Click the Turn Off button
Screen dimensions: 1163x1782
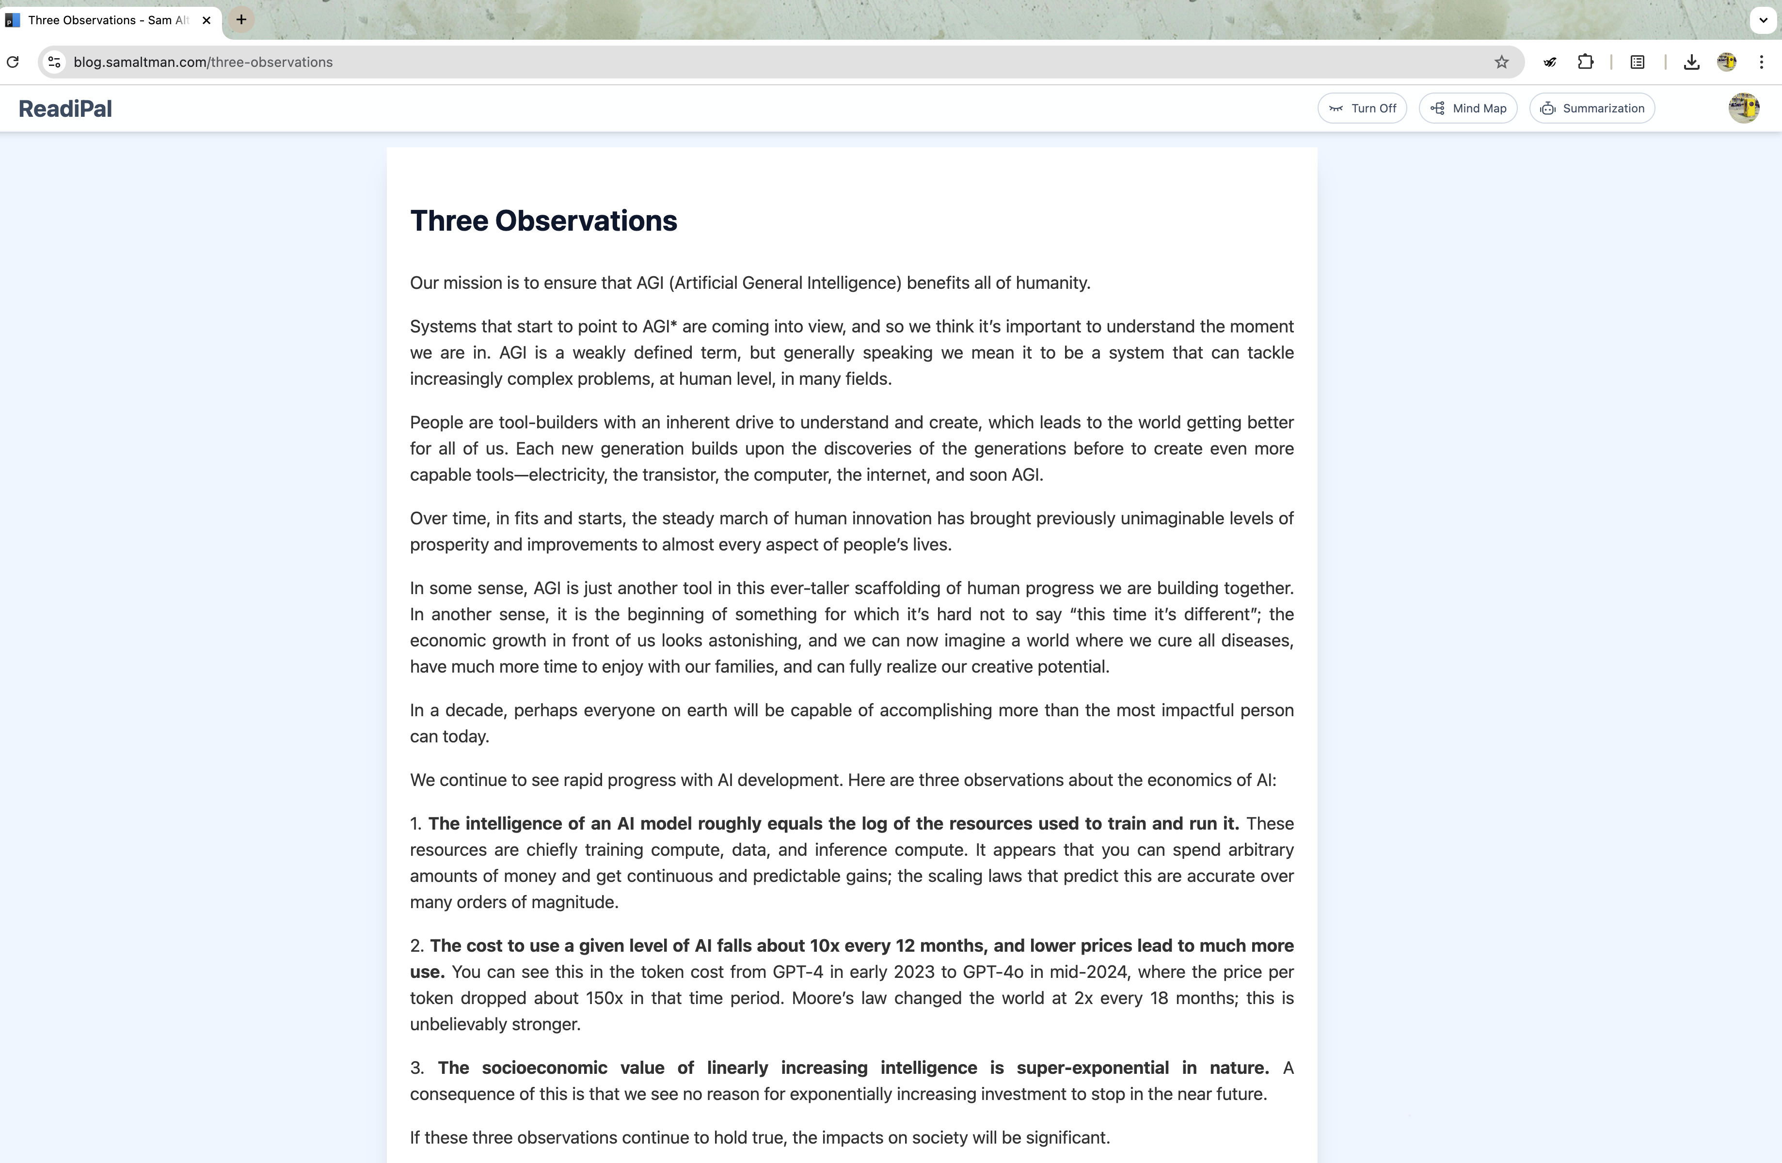[x=1362, y=109]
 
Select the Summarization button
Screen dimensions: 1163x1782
[x=1592, y=109]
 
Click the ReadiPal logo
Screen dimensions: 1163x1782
[x=65, y=109]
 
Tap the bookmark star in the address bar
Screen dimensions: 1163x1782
[x=1501, y=62]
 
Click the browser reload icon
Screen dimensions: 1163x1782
[x=13, y=62]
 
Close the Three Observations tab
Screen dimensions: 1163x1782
[x=207, y=20]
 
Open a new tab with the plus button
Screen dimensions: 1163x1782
[x=241, y=20]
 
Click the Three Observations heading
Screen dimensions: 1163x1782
[x=543, y=221]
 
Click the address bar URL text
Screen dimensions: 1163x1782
[x=203, y=62]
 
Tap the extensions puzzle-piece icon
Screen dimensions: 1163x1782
[x=1585, y=62]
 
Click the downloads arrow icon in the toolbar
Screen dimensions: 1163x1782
[x=1691, y=62]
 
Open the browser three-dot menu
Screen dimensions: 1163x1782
[x=1761, y=62]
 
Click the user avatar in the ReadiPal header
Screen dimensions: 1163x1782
[x=1743, y=109]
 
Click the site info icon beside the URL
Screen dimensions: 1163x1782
[x=54, y=62]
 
